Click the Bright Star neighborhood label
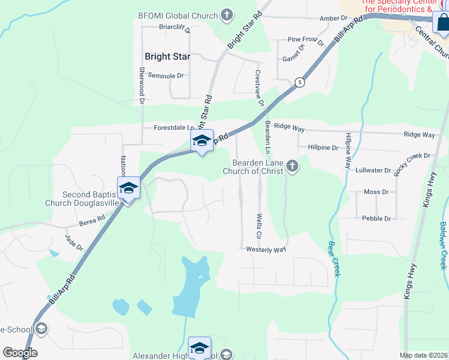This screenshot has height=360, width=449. pos(167,57)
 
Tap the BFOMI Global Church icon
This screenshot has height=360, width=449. pos(227,14)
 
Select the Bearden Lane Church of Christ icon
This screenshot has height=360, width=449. pos(292,166)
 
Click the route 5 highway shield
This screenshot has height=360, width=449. pos(299,82)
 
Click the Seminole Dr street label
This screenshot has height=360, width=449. pos(165,76)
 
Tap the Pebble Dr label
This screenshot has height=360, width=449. pos(376,218)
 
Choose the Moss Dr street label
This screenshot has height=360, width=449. pos(376,192)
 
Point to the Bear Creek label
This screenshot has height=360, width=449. pos(334,259)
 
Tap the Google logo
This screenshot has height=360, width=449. pos(20,353)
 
